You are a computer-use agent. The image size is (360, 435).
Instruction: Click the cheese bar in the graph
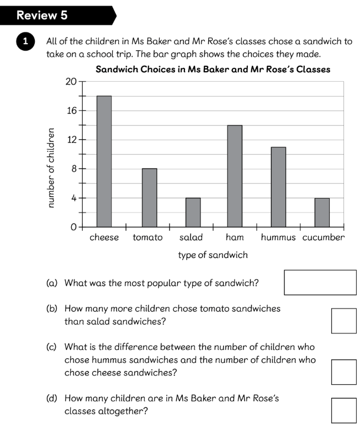(104, 161)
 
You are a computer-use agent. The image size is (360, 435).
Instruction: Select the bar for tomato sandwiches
(149, 198)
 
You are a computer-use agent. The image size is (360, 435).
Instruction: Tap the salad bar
(193, 212)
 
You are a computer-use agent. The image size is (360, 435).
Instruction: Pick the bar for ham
(235, 176)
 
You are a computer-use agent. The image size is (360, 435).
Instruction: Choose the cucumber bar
(322, 212)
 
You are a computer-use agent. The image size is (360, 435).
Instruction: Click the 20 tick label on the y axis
(71, 82)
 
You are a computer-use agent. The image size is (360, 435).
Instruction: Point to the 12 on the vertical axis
(71, 140)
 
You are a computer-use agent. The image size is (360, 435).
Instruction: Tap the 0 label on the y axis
(73, 227)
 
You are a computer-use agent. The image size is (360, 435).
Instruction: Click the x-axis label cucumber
(324, 238)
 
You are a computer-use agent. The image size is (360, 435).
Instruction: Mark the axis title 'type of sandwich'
(213, 255)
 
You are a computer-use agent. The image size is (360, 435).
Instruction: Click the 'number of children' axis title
(51, 168)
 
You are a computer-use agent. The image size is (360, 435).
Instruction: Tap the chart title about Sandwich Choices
(213, 70)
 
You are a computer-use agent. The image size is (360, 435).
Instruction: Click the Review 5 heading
(42, 15)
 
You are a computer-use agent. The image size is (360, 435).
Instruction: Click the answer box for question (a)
(320, 283)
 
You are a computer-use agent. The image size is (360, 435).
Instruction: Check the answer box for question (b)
(343, 321)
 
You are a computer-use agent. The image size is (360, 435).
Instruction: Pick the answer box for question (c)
(343, 372)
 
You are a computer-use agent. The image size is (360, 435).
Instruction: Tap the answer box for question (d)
(343, 410)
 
